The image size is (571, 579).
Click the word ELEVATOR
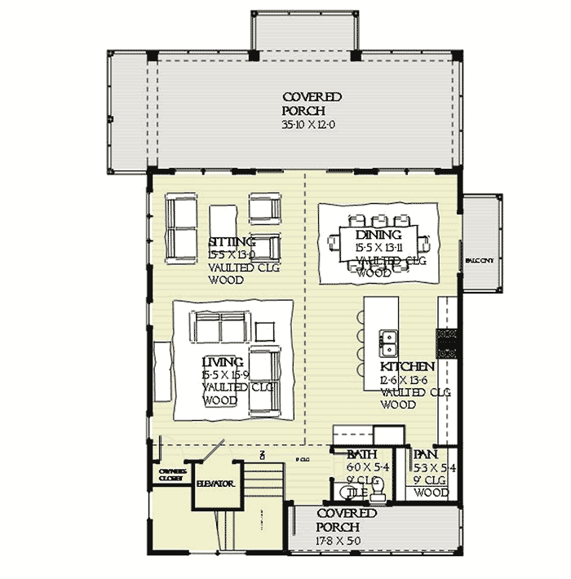tap(215, 484)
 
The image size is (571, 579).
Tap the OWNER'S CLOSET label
tap(170, 475)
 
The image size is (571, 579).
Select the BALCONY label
tap(480, 260)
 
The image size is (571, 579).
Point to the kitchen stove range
tap(445, 343)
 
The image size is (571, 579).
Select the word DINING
tap(373, 234)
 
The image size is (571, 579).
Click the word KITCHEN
tap(405, 368)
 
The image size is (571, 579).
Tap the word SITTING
tap(232, 242)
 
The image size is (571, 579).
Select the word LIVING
tap(223, 361)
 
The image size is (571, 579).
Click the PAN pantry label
tap(425, 454)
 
